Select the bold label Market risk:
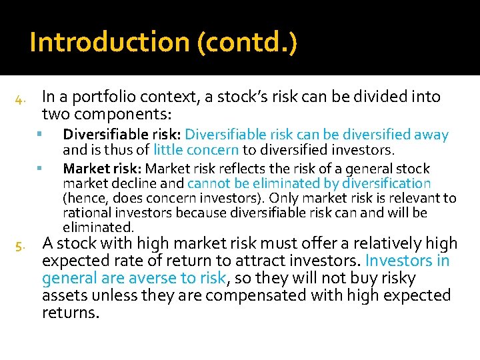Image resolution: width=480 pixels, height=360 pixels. click(x=102, y=169)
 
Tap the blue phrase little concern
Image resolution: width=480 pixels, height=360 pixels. click(x=196, y=150)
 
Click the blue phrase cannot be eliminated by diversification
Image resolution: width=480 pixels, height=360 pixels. click(x=309, y=183)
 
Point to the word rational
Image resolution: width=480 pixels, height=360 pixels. click(x=85, y=213)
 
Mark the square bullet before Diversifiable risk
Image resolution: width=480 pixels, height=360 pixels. click(x=41, y=134)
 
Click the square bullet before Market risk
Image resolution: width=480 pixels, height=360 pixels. click(x=41, y=167)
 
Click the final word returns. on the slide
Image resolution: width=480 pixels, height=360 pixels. click(x=71, y=312)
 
